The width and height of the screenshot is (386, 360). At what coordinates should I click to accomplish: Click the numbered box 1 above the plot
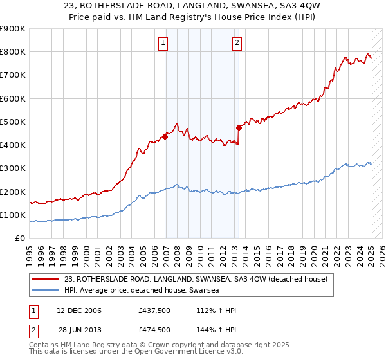pos(163,43)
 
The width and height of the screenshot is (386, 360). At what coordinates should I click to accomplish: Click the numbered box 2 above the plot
pos(237,43)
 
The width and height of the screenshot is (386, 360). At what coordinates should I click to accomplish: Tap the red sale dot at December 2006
pos(165,136)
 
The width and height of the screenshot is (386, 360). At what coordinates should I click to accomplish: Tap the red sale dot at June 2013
pos(239,127)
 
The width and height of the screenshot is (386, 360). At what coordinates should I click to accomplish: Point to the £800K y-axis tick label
pos(13,52)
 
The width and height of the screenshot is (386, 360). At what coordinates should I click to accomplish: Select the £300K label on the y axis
pos(13,168)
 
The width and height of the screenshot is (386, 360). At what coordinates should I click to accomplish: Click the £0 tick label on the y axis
pos(20,239)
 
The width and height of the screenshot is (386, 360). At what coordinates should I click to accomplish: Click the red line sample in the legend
pos(46,279)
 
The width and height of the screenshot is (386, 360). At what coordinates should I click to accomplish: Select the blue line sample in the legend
pos(46,290)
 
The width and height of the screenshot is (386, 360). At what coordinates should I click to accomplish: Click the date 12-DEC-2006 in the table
pos(78,311)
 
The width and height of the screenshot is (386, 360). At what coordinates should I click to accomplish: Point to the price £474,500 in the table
pos(154,330)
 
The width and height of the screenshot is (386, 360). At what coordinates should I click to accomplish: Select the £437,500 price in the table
pos(154,311)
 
